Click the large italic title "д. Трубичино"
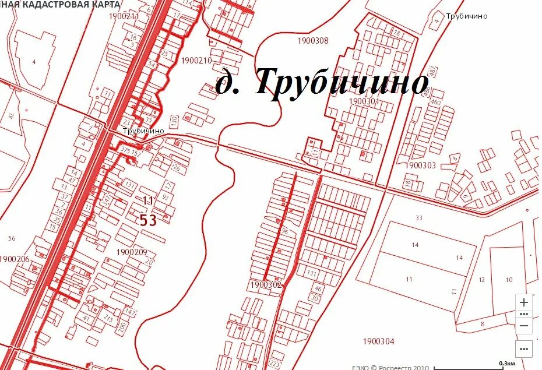coord(322,82)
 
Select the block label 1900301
coord(364,101)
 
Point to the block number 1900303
coord(420,165)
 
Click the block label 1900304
coord(378,341)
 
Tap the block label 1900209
coord(132,252)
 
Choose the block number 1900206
coord(15,259)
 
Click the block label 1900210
coord(196,61)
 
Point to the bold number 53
coord(149,220)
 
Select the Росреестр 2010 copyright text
coord(390,367)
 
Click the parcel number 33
coord(418,218)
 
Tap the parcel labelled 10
coord(508,280)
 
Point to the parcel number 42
coord(11,115)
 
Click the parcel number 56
coord(11,238)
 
